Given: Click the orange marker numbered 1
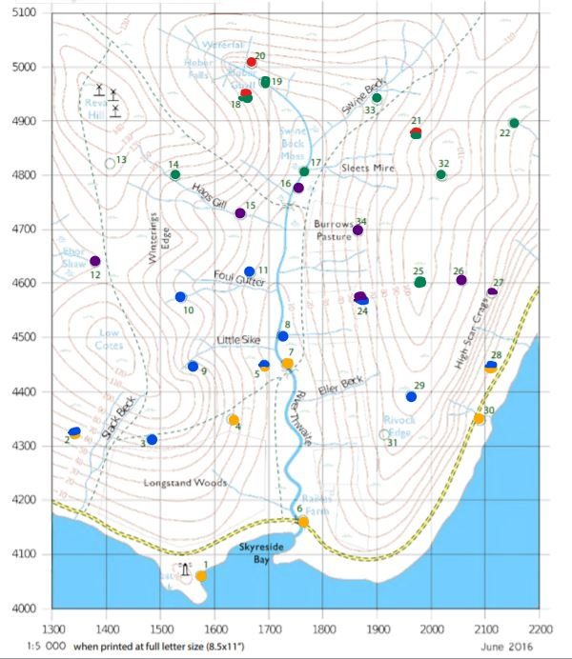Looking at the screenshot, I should point(200,575).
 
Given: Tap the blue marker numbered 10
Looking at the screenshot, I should point(180,297).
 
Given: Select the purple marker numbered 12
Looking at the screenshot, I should point(94,261).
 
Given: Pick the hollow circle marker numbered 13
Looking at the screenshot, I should point(110,164).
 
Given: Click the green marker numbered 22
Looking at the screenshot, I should point(514,123).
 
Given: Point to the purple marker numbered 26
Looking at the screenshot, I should point(461,280).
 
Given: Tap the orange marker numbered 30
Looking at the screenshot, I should point(479,418).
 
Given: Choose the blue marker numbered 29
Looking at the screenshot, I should point(411,396).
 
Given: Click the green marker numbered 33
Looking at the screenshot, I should point(377,98).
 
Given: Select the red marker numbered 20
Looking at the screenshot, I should point(251,63).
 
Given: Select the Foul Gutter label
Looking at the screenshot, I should point(237,279).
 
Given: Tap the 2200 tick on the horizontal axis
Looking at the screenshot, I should point(540,629).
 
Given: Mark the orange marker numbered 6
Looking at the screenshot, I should point(303,521).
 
